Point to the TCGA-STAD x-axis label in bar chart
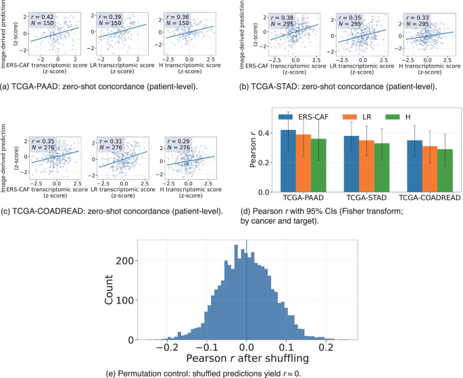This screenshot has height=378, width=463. (x=366, y=199)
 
